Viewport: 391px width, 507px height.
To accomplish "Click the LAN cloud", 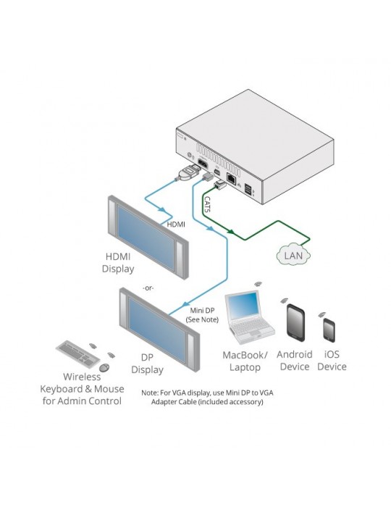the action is coord(293,254).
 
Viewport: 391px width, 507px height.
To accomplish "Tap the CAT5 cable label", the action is coord(208,204).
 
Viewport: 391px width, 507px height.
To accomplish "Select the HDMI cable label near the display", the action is coord(176,224).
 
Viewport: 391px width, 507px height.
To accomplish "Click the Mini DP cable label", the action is coord(202,311).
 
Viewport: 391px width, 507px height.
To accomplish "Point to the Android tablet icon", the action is coord(295,323).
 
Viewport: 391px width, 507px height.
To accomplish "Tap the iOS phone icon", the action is coord(329,330).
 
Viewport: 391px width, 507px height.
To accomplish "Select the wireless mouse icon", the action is coord(104,367).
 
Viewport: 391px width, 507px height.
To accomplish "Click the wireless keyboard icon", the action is coord(78,353).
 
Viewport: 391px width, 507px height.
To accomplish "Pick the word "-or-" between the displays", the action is coord(148,288).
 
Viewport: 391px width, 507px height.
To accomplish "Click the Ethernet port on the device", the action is coord(231,178).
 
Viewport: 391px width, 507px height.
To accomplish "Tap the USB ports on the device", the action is coord(248,190).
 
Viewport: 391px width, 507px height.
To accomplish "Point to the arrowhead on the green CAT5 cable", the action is coord(231,232).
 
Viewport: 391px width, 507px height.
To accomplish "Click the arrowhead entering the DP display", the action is coord(185,304).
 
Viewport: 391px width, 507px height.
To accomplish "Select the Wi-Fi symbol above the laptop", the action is coord(258,284).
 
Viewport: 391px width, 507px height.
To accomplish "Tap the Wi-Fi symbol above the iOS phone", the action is coord(321,314).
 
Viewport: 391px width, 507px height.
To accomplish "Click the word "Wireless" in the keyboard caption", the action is coord(82,377).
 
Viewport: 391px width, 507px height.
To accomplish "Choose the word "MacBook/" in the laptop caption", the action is coord(245,355).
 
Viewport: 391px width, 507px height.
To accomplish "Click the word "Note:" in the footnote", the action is coord(150,393).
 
